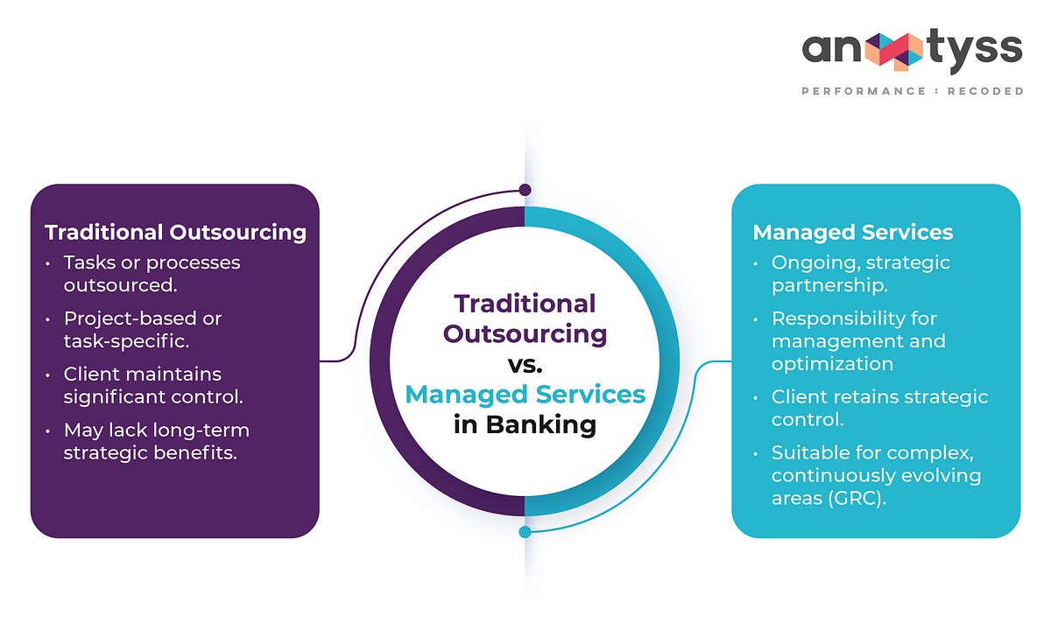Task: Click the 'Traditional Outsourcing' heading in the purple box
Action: tap(175, 232)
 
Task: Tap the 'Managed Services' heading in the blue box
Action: tap(853, 232)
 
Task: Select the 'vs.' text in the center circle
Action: tap(525, 364)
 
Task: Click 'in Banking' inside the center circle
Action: tap(525, 424)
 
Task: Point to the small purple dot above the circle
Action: tap(525, 190)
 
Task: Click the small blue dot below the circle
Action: tap(525, 531)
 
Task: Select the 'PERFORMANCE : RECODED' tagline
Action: tap(912, 91)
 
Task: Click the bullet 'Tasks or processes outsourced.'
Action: tap(151, 274)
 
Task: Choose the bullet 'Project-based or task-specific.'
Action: tap(142, 329)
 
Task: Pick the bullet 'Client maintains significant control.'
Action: tap(152, 385)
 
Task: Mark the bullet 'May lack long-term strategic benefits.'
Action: tap(156, 441)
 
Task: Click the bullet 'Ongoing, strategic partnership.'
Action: tap(860, 274)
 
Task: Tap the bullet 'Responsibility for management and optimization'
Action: tap(858, 340)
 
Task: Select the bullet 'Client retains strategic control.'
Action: tap(878, 408)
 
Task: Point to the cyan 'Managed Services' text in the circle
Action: tap(525, 395)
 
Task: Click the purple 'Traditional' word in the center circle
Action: tap(525, 304)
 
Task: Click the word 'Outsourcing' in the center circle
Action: tap(525, 333)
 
